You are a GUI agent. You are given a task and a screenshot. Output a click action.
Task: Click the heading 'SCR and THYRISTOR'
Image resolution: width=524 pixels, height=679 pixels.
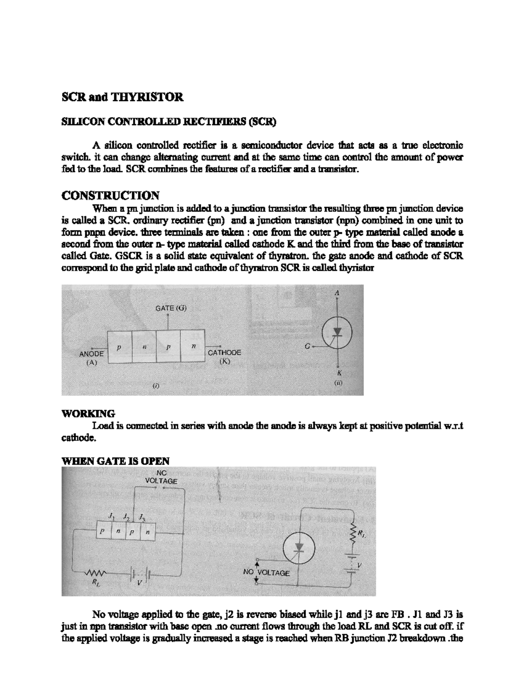(122, 97)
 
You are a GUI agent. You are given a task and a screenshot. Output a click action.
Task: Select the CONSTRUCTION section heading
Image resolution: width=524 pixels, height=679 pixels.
(110, 195)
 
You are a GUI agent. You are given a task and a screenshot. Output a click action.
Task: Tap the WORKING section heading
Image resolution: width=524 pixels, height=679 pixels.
(88, 413)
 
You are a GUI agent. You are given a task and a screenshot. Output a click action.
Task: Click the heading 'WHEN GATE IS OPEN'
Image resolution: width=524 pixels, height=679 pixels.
(115, 461)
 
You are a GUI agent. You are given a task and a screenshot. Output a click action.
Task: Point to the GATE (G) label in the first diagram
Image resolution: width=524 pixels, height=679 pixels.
(171, 308)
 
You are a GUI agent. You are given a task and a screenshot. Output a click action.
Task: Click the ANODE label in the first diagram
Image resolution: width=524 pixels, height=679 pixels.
(91, 354)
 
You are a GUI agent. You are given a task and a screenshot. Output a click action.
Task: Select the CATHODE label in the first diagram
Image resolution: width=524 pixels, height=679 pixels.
(224, 352)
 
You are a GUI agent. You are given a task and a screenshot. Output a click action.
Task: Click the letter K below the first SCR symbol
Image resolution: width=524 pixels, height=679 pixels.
(339, 373)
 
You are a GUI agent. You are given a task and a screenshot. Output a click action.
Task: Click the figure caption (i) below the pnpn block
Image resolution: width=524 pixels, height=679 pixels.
(156, 386)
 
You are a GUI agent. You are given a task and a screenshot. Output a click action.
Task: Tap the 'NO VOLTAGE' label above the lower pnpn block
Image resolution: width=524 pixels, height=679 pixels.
(161, 477)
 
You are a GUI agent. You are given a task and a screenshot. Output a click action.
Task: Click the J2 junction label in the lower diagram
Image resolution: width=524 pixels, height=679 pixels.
(126, 517)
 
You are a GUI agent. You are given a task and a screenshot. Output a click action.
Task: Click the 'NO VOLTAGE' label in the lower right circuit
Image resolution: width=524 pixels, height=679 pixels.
(266, 572)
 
